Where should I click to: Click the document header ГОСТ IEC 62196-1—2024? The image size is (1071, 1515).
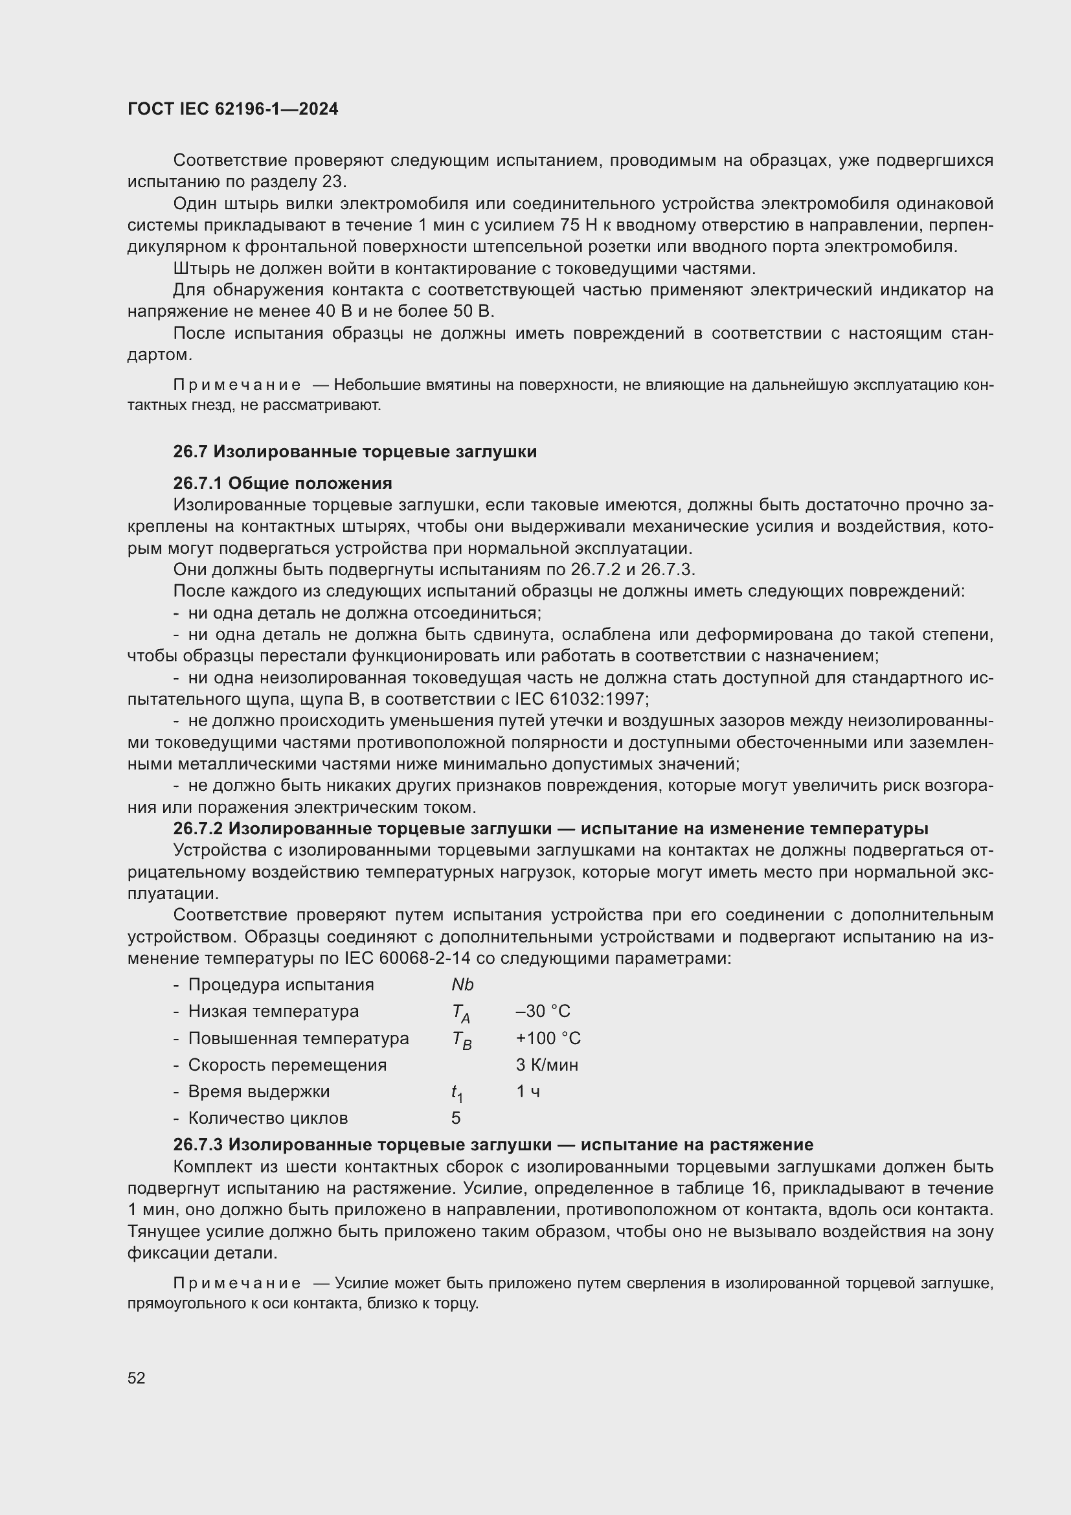(x=233, y=109)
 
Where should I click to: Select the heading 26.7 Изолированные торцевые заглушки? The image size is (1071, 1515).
(x=355, y=452)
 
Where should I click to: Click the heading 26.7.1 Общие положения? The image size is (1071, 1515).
(x=282, y=484)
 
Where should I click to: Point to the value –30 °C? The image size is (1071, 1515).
(x=543, y=1011)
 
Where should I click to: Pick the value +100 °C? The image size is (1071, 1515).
(x=548, y=1038)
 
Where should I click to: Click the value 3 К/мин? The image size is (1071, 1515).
(x=547, y=1065)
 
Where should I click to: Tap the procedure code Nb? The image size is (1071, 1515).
(x=462, y=985)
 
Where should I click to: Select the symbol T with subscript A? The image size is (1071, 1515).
(x=460, y=1012)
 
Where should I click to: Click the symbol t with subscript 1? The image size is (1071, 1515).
(x=457, y=1093)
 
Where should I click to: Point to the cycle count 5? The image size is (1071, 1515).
(x=456, y=1118)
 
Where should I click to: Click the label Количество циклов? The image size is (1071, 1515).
(x=268, y=1118)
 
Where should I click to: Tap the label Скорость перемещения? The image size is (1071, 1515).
(x=287, y=1065)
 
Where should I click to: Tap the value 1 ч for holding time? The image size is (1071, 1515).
(x=528, y=1091)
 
